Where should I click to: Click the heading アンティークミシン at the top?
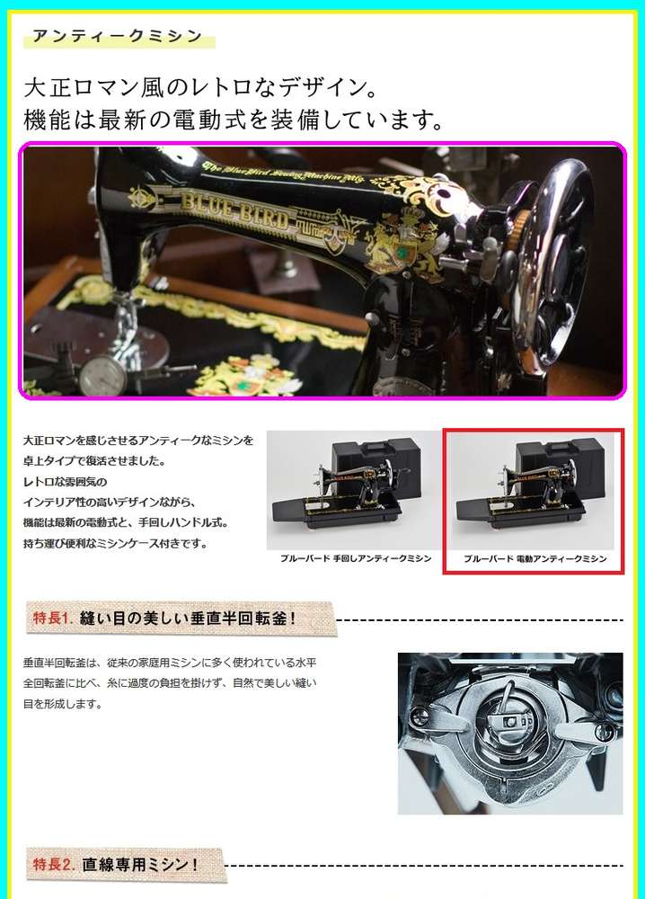tap(118, 36)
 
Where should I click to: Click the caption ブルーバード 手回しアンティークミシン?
tap(356, 558)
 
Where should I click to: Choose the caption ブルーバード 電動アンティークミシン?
tap(535, 558)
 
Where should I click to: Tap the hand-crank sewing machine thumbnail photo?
tap(353, 490)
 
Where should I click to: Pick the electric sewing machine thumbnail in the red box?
tap(532, 490)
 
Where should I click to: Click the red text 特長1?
tap(51, 618)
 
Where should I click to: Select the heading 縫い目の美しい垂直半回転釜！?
tap(189, 619)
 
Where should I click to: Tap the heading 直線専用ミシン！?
tap(140, 865)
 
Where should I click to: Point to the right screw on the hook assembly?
tap(603, 731)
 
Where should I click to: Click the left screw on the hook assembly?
tap(420, 715)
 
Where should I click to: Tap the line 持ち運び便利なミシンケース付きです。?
tap(116, 544)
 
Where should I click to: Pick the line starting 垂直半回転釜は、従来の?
tap(170, 663)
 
